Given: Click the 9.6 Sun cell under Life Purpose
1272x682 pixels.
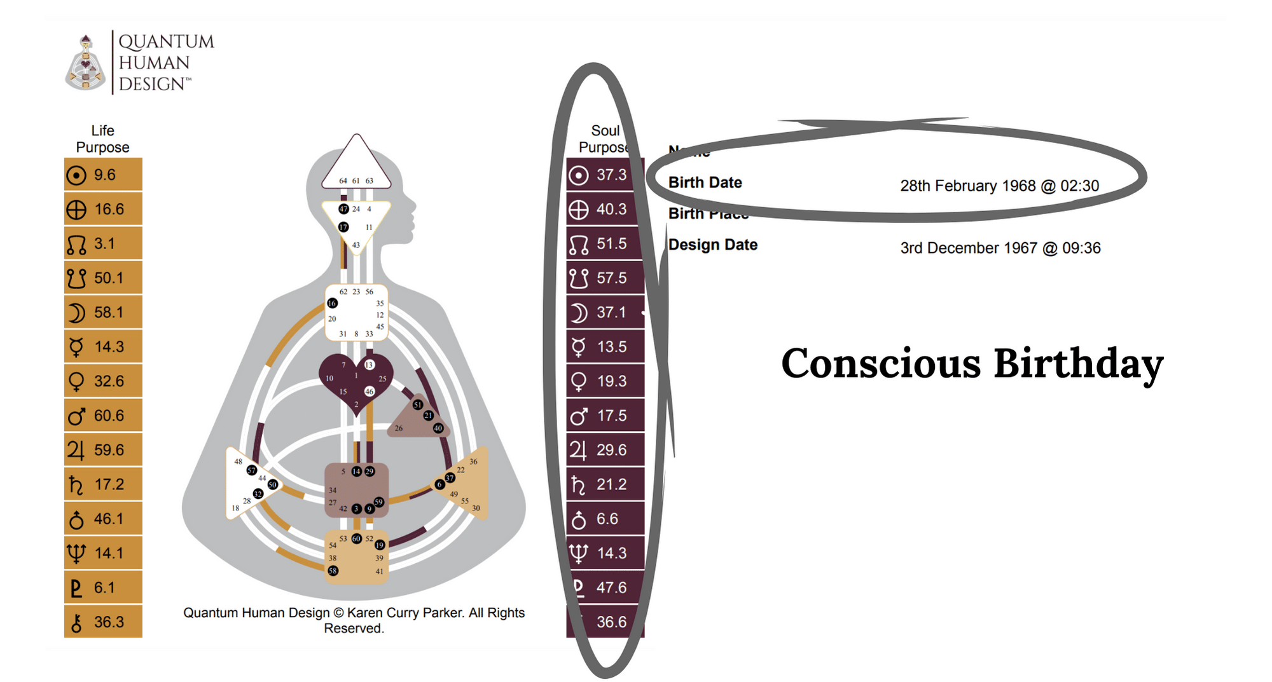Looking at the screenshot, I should pyautogui.click(x=102, y=175).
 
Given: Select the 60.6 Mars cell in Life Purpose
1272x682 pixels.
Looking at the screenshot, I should pyautogui.click(x=102, y=416).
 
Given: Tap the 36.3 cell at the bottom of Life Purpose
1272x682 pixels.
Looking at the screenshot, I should pyautogui.click(x=102, y=622).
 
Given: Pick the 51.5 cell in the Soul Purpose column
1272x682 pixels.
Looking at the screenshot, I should pyautogui.click(x=604, y=243).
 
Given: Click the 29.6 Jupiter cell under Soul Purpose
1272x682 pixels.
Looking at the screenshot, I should pyautogui.click(x=604, y=450).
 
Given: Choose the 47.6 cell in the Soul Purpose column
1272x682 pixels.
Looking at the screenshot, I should pyautogui.click(x=604, y=587).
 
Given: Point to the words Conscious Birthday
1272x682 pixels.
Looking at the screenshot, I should pyautogui.click(x=972, y=364).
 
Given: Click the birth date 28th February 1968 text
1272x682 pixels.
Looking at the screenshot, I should pyautogui.click(x=999, y=186).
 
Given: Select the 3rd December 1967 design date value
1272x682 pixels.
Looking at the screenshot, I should pyautogui.click(x=1000, y=248).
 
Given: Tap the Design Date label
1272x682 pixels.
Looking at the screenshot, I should pyautogui.click(x=712, y=245).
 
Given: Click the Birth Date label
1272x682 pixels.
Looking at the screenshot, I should pyautogui.click(x=705, y=182).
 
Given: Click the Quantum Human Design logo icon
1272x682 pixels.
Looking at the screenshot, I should pyautogui.click(x=85, y=63).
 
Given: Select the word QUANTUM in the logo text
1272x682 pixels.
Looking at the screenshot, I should pyautogui.click(x=166, y=41).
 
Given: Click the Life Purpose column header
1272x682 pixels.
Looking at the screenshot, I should pyautogui.click(x=102, y=139).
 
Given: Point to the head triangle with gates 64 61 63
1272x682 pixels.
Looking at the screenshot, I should pyautogui.click(x=356, y=165).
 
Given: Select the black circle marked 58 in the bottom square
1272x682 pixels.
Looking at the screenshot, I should pyautogui.click(x=333, y=571).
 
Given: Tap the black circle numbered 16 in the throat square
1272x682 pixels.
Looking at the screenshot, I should pyautogui.click(x=332, y=303).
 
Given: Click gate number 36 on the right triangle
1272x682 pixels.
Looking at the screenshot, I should pyautogui.click(x=473, y=461).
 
